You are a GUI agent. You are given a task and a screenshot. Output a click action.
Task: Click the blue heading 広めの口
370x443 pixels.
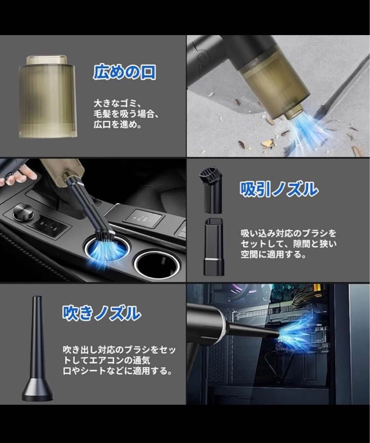124,73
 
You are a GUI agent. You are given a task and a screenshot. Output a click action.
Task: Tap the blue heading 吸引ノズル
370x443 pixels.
279,190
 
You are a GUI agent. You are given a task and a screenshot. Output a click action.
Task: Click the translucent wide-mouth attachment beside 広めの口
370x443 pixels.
47,96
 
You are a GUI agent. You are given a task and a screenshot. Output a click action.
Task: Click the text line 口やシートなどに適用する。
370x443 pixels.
117,370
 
